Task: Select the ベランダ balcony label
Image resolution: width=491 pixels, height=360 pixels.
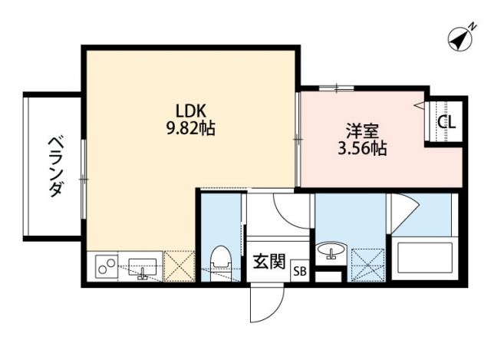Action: click(x=54, y=166)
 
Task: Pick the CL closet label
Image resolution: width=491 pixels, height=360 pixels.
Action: click(x=446, y=122)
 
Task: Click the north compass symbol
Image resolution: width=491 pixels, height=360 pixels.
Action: click(x=460, y=39)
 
